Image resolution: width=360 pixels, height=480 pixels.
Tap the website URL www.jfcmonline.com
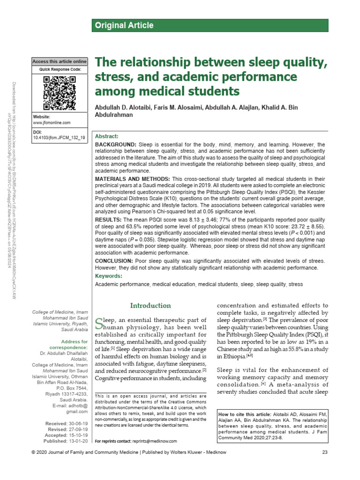click(52, 122)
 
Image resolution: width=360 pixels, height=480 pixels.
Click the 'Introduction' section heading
click(150, 306)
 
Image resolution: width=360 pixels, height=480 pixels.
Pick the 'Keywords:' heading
click(108, 276)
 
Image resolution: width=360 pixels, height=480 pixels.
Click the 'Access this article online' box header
click(59, 61)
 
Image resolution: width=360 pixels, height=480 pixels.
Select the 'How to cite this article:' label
click(244, 414)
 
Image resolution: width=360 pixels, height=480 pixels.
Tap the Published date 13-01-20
click(77, 441)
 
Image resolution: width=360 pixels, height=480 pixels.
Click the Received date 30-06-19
click(77, 423)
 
